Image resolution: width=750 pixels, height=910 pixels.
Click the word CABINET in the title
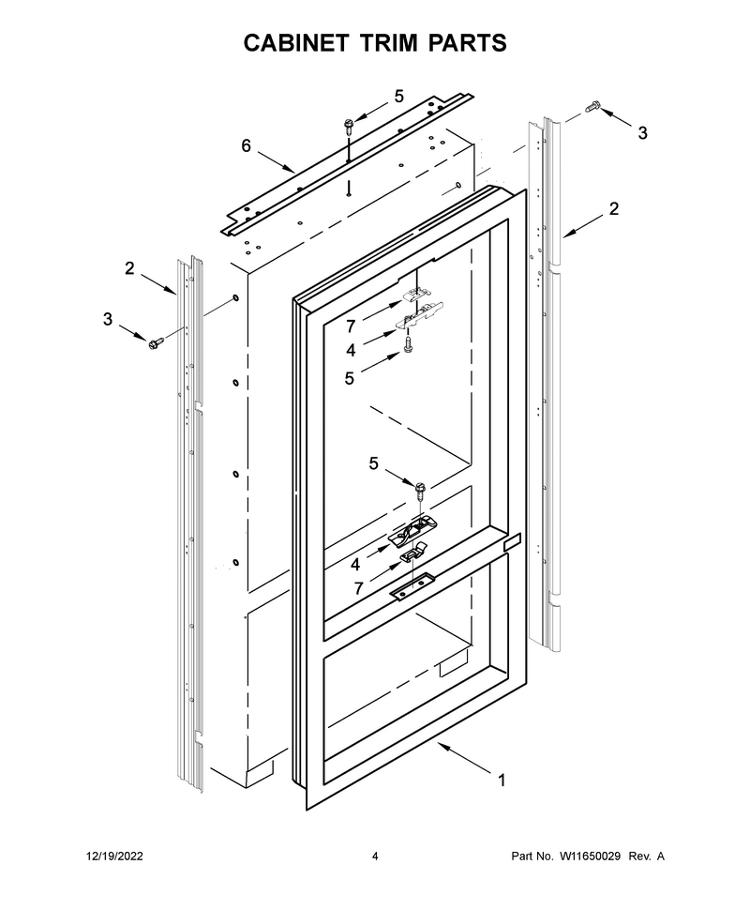(296, 43)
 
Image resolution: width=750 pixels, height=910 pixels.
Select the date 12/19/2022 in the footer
(115, 856)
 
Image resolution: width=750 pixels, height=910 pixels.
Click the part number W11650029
(590, 856)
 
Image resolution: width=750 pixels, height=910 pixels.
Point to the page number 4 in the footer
(375, 856)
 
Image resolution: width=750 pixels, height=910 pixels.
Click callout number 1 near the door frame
(502, 781)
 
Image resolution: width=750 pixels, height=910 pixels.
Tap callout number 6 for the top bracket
(247, 145)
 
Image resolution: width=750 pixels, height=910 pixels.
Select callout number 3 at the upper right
(642, 133)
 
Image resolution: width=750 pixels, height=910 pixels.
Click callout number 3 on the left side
(108, 319)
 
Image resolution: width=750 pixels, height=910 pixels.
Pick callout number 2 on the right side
(614, 208)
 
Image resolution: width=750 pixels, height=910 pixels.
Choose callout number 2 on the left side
(129, 268)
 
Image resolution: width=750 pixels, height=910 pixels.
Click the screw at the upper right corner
(592, 107)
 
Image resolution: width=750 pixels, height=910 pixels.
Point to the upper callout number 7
(351, 326)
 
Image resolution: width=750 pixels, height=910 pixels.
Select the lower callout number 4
(355, 564)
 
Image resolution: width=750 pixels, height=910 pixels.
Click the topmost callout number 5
(398, 97)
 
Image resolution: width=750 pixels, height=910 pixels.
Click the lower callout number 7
(358, 588)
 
